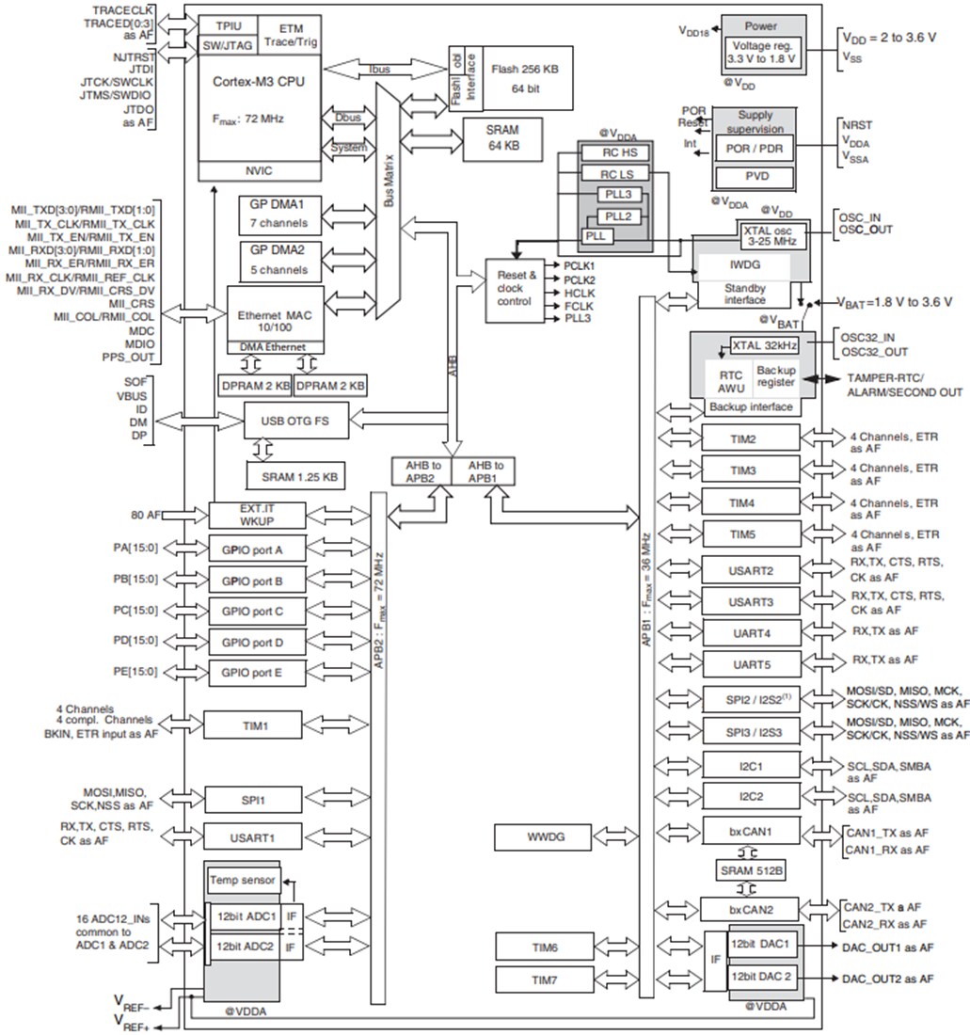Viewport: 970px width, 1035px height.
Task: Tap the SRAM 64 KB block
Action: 503,138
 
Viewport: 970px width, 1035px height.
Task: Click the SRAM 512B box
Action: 750,870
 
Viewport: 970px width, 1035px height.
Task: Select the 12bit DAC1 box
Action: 762,944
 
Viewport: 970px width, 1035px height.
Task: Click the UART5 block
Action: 750,664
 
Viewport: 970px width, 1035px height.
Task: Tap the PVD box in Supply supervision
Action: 755,177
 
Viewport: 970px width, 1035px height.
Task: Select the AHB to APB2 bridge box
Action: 421,470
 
